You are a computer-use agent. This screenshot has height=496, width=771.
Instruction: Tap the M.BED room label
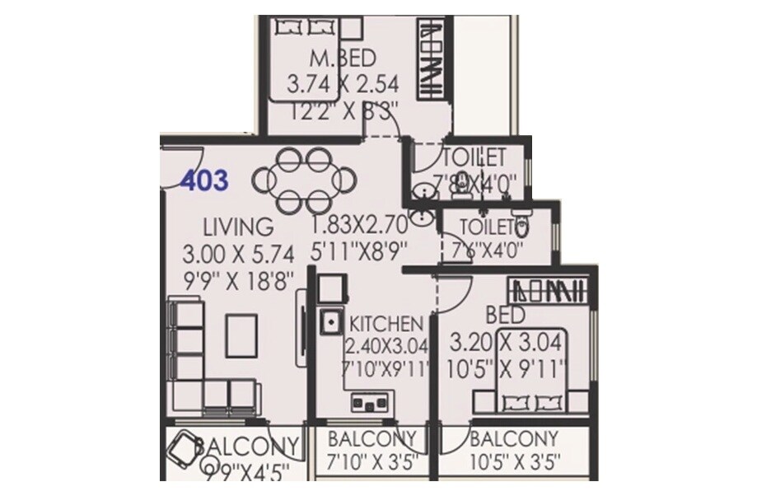[x=343, y=58]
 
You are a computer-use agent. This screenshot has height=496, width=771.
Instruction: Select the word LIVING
[x=239, y=226]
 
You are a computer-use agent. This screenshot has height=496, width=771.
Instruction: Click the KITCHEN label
[x=386, y=324]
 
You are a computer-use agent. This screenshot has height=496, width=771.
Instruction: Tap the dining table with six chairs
[x=305, y=179]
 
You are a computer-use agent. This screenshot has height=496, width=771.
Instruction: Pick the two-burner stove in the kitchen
[x=367, y=401]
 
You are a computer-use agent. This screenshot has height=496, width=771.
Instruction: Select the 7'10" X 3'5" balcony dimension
[x=375, y=461]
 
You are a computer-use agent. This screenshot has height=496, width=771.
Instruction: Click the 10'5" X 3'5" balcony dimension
[x=514, y=461]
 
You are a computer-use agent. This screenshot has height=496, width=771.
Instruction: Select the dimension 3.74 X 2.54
[x=342, y=84]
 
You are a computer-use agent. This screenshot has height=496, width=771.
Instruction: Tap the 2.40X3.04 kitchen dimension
[x=387, y=346]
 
